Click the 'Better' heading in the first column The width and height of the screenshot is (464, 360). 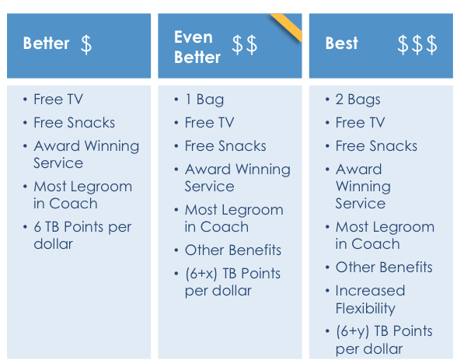[46, 44]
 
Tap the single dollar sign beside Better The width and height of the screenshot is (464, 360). [86, 44]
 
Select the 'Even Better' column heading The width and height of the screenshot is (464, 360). [197, 47]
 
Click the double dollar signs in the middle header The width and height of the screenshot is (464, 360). [244, 44]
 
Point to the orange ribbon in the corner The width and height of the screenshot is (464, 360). [287, 26]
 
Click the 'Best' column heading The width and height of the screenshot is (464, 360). [342, 44]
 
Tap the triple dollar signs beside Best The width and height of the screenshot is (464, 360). [417, 44]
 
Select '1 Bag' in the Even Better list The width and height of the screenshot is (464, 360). [204, 100]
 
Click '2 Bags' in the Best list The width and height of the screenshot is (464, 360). [358, 100]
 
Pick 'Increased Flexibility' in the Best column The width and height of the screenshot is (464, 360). [370, 299]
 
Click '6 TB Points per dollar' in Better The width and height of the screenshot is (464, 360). [82, 236]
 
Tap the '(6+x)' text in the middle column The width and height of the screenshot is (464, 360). [201, 274]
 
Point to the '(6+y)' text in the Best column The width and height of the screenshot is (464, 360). [352, 331]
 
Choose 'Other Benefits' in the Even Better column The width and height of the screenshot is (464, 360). [233, 250]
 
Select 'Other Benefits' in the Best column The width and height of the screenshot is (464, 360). [384, 267]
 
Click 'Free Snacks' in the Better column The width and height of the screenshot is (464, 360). [75, 123]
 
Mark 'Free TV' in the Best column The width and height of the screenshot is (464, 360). [360, 123]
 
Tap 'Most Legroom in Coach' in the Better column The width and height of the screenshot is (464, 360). [83, 195]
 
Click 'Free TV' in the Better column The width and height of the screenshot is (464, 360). [58, 100]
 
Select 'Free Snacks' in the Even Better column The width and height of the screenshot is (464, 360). [225, 146]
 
